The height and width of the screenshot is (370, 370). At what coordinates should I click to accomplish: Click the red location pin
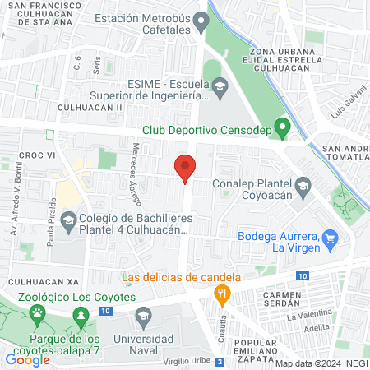(x=186, y=168)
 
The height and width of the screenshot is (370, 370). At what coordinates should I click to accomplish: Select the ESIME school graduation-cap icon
(x=220, y=86)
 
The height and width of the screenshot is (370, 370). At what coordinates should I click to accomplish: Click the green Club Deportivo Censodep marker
(x=282, y=128)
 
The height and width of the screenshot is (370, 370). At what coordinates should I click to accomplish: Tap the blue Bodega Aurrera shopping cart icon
(x=331, y=240)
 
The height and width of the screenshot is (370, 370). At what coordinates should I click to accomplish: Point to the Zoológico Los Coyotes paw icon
(x=37, y=313)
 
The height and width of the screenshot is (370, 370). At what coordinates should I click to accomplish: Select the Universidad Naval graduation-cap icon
(x=143, y=316)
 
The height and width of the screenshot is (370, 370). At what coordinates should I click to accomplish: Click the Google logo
(x=28, y=359)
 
